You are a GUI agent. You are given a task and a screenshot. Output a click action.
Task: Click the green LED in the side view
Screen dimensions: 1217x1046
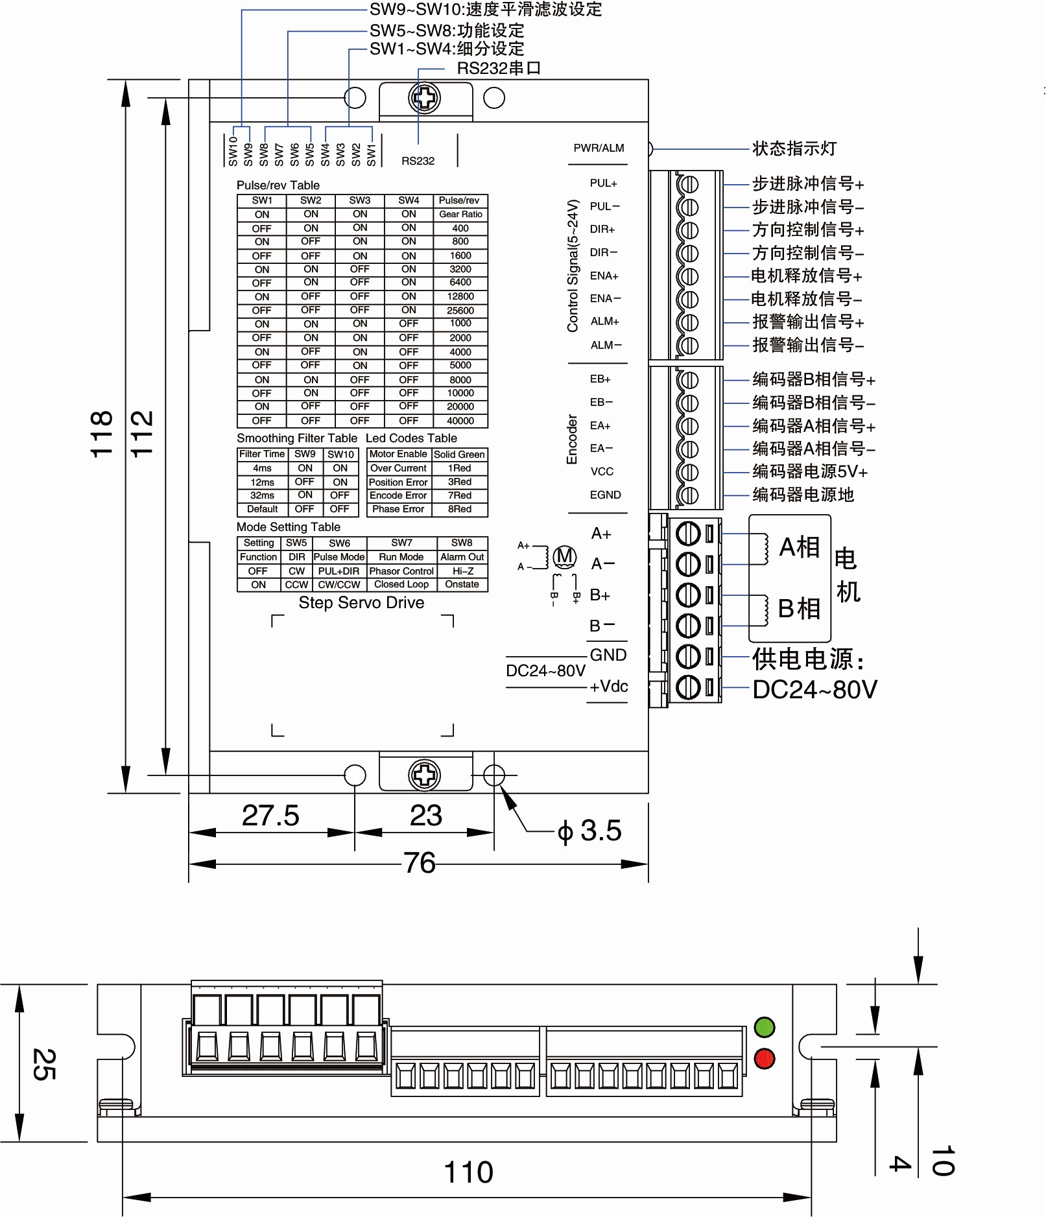pyautogui.click(x=765, y=1027)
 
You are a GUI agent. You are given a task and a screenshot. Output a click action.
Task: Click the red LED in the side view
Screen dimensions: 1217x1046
pyautogui.click(x=765, y=1059)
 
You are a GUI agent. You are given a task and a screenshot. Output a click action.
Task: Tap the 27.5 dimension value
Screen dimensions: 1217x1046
pyautogui.click(x=270, y=815)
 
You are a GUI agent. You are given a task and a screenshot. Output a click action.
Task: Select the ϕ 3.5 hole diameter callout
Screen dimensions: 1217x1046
pyautogui.click(x=589, y=831)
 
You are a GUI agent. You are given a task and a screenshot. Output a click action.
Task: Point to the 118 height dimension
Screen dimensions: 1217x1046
pyautogui.click(x=102, y=434)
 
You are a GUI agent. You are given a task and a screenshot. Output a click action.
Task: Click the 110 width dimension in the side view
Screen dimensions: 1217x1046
pyautogui.click(x=468, y=1172)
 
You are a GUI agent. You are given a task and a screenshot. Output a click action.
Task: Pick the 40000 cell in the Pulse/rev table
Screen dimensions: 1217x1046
pyautogui.click(x=460, y=421)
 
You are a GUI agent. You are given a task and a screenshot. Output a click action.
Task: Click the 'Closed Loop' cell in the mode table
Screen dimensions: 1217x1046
pyautogui.click(x=401, y=584)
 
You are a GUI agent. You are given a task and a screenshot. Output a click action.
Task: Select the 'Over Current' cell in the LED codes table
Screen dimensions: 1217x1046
pyautogui.click(x=398, y=468)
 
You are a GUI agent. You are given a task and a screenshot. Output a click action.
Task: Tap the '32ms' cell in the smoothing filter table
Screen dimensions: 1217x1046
pyautogui.click(x=262, y=495)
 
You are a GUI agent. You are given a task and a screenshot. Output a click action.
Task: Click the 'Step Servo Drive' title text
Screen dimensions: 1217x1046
pyautogui.click(x=361, y=602)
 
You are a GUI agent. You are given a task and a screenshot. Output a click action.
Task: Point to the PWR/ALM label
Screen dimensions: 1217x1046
pyautogui.click(x=599, y=148)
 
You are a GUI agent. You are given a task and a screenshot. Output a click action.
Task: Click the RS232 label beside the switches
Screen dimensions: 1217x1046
pyautogui.click(x=418, y=161)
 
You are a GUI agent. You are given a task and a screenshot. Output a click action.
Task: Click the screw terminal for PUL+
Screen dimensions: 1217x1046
pyautogui.click(x=688, y=185)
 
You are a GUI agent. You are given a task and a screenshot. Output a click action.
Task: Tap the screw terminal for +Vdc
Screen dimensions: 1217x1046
pyautogui.click(x=688, y=687)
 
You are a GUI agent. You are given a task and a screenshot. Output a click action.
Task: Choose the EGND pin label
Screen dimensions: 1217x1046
pyautogui.click(x=605, y=495)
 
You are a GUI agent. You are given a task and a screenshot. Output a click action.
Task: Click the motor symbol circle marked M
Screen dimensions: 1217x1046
pyautogui.click(x=564, y=556)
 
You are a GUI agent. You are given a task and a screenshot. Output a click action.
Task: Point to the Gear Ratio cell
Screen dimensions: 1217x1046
pyautogui.click(x=460, y=214)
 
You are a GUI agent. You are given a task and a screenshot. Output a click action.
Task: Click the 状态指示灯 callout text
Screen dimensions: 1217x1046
pyautogui.click(x=794, y=148)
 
